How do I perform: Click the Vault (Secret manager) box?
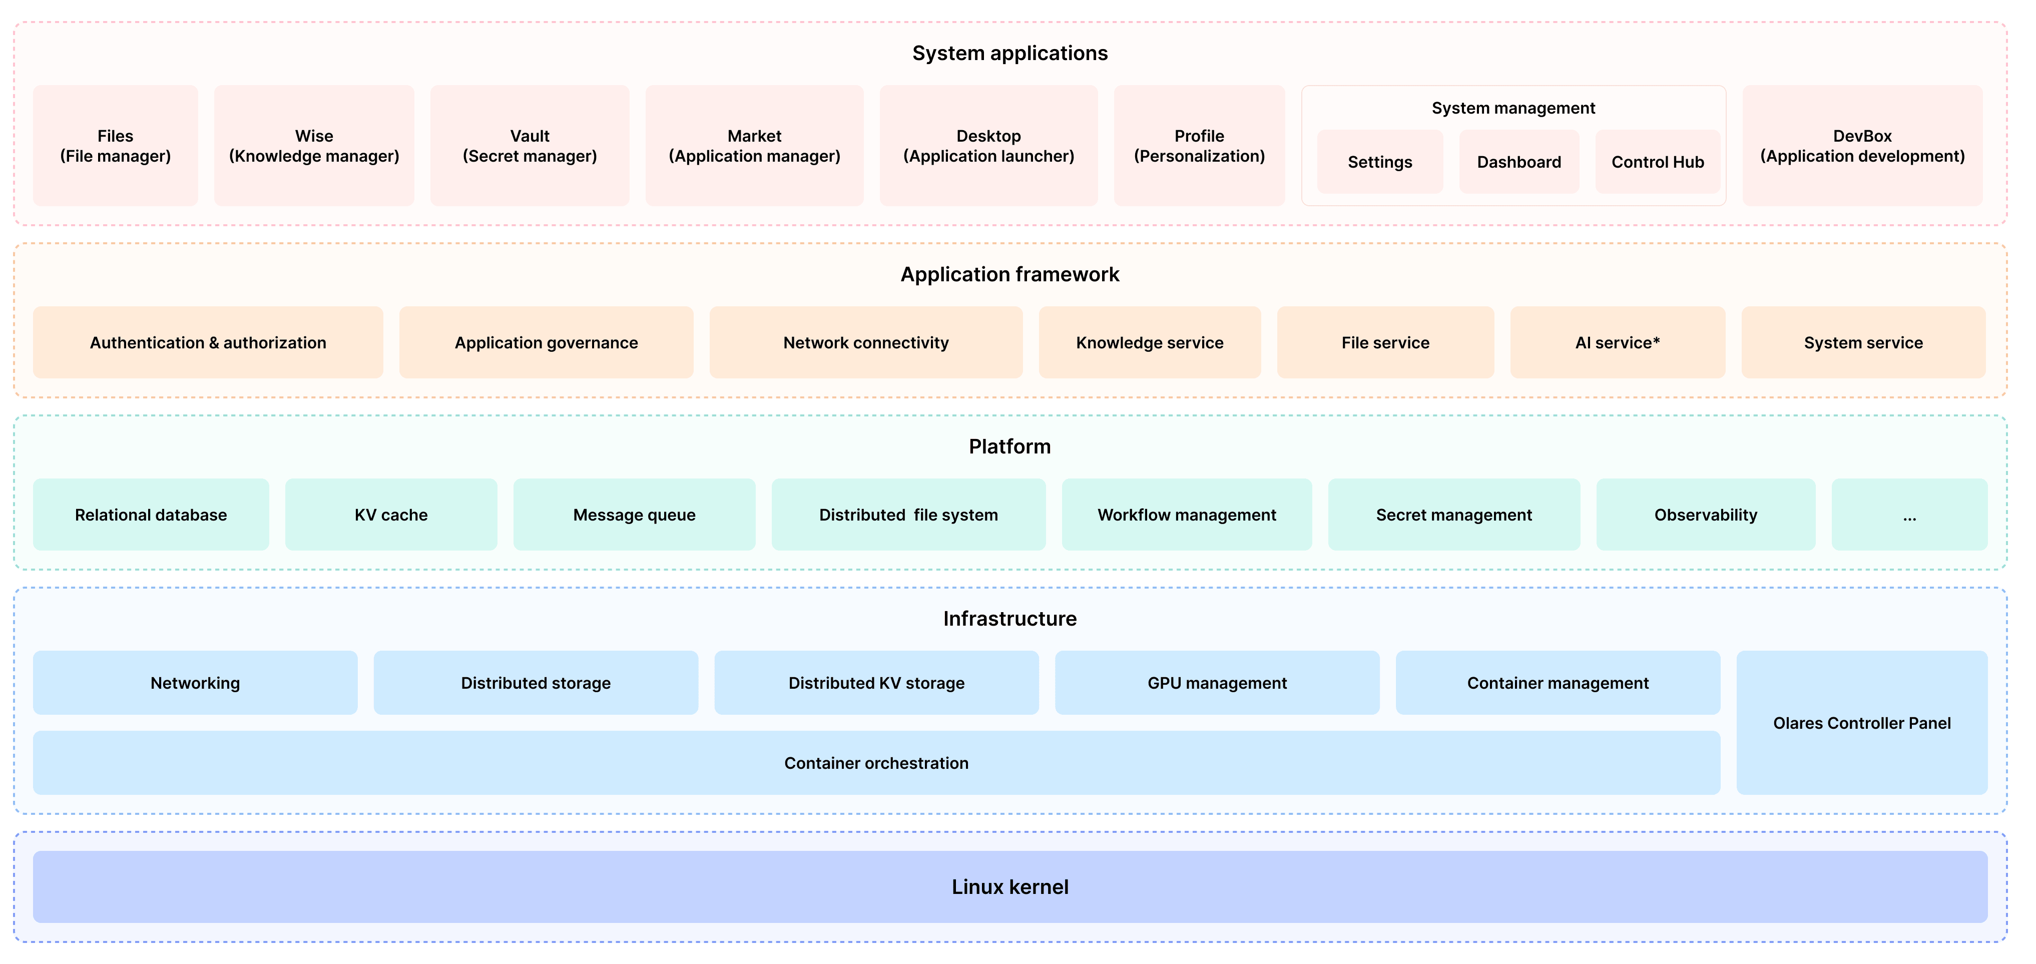click(530, 146)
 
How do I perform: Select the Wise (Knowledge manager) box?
click(314, 146)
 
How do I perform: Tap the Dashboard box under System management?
click(1518, 162)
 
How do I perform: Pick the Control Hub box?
click(1658, 162)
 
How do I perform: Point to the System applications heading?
click(1009, 53)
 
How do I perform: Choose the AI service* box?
click(1617, 342)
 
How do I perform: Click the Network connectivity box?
click(865, 342)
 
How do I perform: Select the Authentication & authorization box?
click(208, 342)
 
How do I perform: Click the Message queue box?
click(634, 515)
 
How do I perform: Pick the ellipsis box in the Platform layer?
click(1909, 515)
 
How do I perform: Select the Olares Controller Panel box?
click(1861, 722)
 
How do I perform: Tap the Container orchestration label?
click(876, 762)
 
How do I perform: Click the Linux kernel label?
click(1009, 886)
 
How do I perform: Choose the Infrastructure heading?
click(1009, 618)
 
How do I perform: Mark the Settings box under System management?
click(1379, 162)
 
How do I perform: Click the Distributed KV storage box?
click(876, 683)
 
